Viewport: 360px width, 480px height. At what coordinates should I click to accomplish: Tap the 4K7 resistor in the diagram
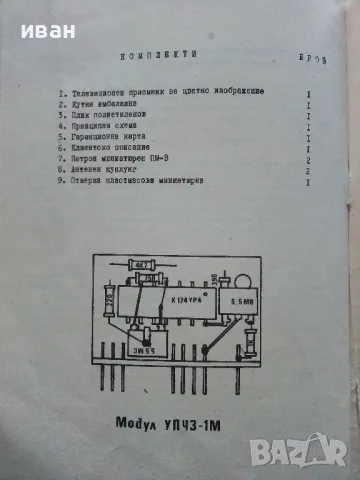point(143,267)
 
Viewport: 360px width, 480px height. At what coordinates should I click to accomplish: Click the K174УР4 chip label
point(192,298)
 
